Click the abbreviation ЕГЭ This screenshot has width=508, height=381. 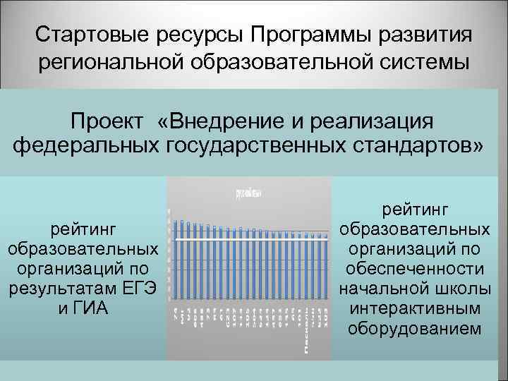click(139, 289)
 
